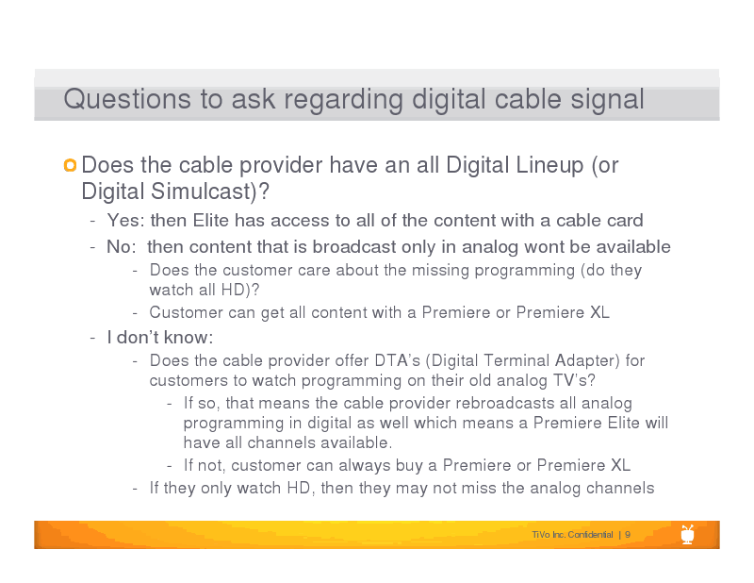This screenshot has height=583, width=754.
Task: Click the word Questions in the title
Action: (127, 99)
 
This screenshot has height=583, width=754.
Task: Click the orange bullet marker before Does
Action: (70, 165)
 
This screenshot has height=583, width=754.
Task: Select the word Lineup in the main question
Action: (549, 166)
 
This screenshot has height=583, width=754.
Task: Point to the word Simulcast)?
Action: (210, 192)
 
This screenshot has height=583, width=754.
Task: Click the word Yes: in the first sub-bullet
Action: (125, 221)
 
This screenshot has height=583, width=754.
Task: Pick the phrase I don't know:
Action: (160, 338)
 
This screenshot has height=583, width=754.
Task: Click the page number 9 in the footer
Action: (628, 535)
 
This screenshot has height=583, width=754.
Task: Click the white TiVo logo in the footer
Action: (688, 534)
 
